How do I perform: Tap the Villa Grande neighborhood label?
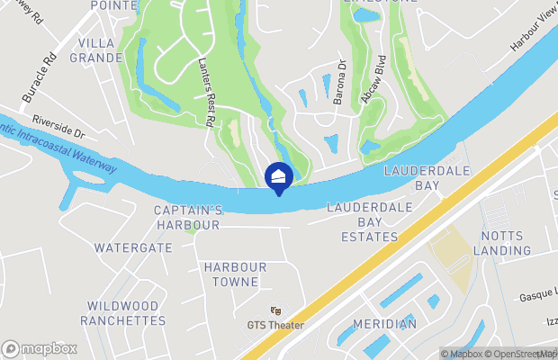100,50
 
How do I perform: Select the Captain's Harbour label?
188,217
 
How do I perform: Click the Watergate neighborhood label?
133,247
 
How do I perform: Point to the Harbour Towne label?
235,274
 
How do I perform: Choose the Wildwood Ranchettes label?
123,313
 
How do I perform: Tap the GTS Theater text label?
275,325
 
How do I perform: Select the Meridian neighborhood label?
384,324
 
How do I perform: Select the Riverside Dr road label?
57,125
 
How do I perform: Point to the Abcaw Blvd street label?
366,84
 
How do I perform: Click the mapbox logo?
40,348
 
